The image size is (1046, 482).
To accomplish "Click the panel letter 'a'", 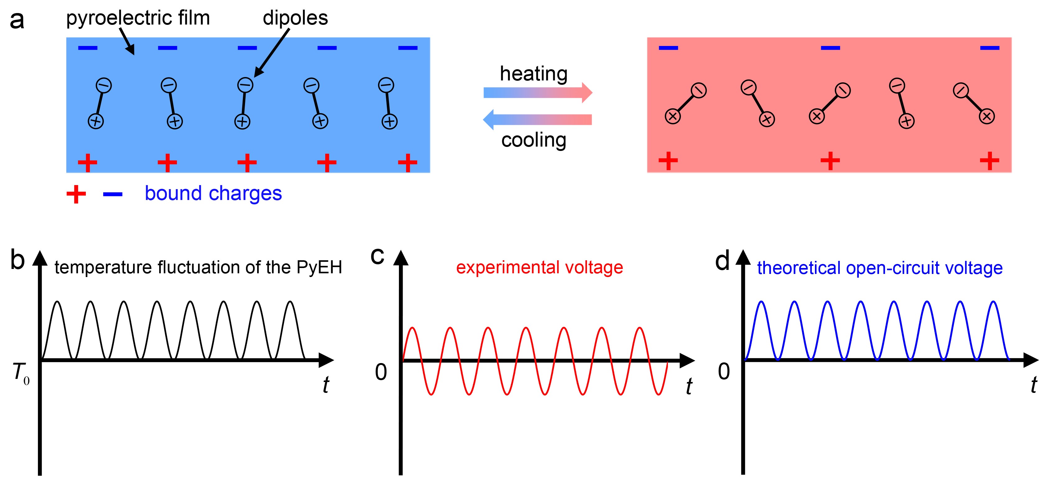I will [17, 20].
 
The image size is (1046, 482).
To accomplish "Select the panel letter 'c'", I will [377, 257].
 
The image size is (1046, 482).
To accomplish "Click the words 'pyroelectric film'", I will [138, 18].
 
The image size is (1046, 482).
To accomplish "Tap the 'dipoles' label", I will [295, 18].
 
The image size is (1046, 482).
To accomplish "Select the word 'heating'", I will [534, 74].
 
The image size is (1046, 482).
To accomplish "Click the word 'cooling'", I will [534, 140].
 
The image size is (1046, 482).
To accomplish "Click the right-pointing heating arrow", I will [538, 93].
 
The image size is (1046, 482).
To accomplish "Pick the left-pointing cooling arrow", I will [538, 119].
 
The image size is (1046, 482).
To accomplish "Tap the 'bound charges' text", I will [213, 193].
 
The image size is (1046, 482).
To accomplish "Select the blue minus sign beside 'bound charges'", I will [113, 195].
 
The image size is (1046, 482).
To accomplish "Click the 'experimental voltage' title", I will [539, 267].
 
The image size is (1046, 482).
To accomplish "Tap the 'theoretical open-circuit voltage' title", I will [880, 268].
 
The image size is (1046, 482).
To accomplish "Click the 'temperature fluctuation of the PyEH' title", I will [198, 267].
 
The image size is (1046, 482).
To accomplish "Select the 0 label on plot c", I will [381, 372].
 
